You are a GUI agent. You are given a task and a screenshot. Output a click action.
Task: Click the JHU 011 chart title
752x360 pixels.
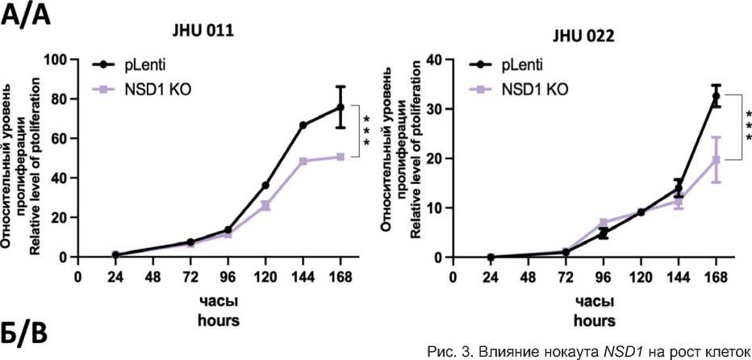coord(202,32)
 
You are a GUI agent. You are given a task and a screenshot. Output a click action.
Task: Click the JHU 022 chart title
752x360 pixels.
coord(582,36)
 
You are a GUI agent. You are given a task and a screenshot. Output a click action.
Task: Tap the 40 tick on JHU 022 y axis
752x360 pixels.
coord(436,60)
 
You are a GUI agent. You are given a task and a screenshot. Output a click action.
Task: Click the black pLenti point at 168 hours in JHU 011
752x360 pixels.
coord(340,107)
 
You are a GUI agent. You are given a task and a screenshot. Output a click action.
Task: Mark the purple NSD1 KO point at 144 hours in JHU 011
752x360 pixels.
coord(303,161)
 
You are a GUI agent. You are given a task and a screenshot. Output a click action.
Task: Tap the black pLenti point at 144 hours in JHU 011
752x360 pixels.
coord(303,125)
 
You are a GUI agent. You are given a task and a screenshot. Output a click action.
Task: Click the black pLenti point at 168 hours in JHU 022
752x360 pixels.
coord(716,97)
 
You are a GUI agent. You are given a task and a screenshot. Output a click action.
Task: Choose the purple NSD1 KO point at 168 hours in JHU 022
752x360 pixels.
coord(716,160)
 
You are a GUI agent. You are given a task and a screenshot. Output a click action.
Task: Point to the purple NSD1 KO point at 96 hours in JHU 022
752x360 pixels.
coord(603,223)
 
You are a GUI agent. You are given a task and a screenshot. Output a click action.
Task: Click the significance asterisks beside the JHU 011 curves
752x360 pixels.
coord(366,131)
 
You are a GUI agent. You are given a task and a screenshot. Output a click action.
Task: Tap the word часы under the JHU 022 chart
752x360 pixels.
coord(592,301)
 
